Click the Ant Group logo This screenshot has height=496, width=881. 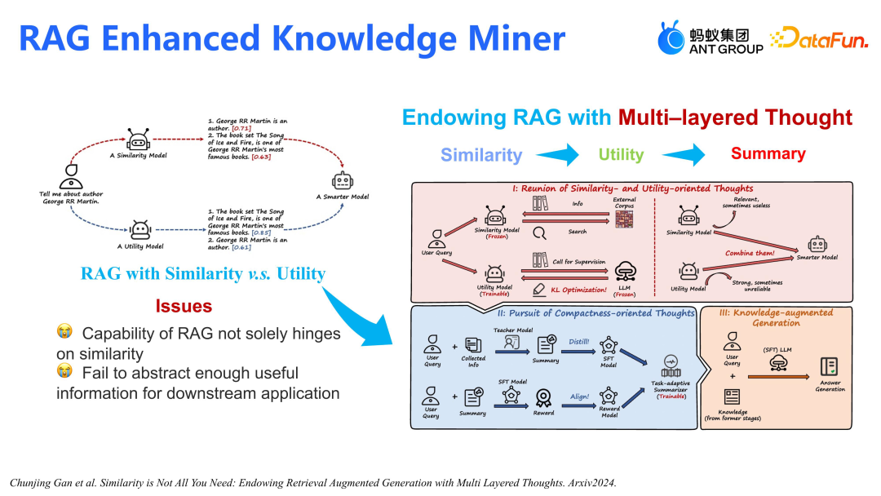[710, 38]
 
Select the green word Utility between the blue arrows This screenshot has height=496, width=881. [621, 154]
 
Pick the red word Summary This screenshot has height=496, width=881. [768, 153]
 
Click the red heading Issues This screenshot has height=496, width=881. [184, 307]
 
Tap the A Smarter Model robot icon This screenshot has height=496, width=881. [342, 180]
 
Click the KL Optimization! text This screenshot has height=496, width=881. [579, 290]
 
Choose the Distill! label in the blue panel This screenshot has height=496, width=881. [579, 342]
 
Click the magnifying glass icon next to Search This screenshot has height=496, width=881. [539, 232]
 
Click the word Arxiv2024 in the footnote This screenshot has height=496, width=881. [589, 483]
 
